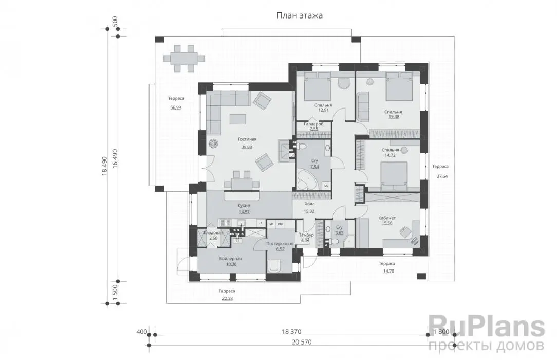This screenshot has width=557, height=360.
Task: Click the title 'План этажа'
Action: pyautogui.click(x=299, y=15)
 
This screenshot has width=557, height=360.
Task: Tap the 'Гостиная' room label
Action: pyautogui.click(x=247, y=139)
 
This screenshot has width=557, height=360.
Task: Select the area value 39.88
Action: pyautogui.click(x=247, y=147)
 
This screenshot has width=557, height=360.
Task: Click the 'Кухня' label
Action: pyautogui.click(x=244, y=205)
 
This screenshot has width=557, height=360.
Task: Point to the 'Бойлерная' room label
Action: pyautogui.click(x=231, y=258)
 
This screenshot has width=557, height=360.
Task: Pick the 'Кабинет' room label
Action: pyautogui.click(x=387, y=218)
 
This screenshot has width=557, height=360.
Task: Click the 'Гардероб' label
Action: pyautogui.click(x=313, y=124)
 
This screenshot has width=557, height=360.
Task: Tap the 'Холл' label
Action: pyautogui.click(x=309, y=204)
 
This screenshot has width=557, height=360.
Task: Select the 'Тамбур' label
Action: pyautogui.click(x=306, y=235)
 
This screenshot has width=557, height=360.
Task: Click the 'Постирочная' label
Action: pyautogui.click(x=280, y=243)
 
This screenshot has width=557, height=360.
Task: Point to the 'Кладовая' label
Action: pyautogui.click(x=213, y=233)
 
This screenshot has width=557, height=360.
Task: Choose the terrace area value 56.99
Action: pyautogui.click(x=176, y=107)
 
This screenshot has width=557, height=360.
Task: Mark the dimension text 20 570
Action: pyautogui.click(x=302, y=342)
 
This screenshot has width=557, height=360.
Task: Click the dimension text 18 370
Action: pyautogui.click(x=291, y=332)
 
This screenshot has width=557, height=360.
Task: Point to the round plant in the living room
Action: pyautogui.click(x=214, y=143)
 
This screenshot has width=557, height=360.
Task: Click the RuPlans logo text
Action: pyautogui.click(x=486, y=327)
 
